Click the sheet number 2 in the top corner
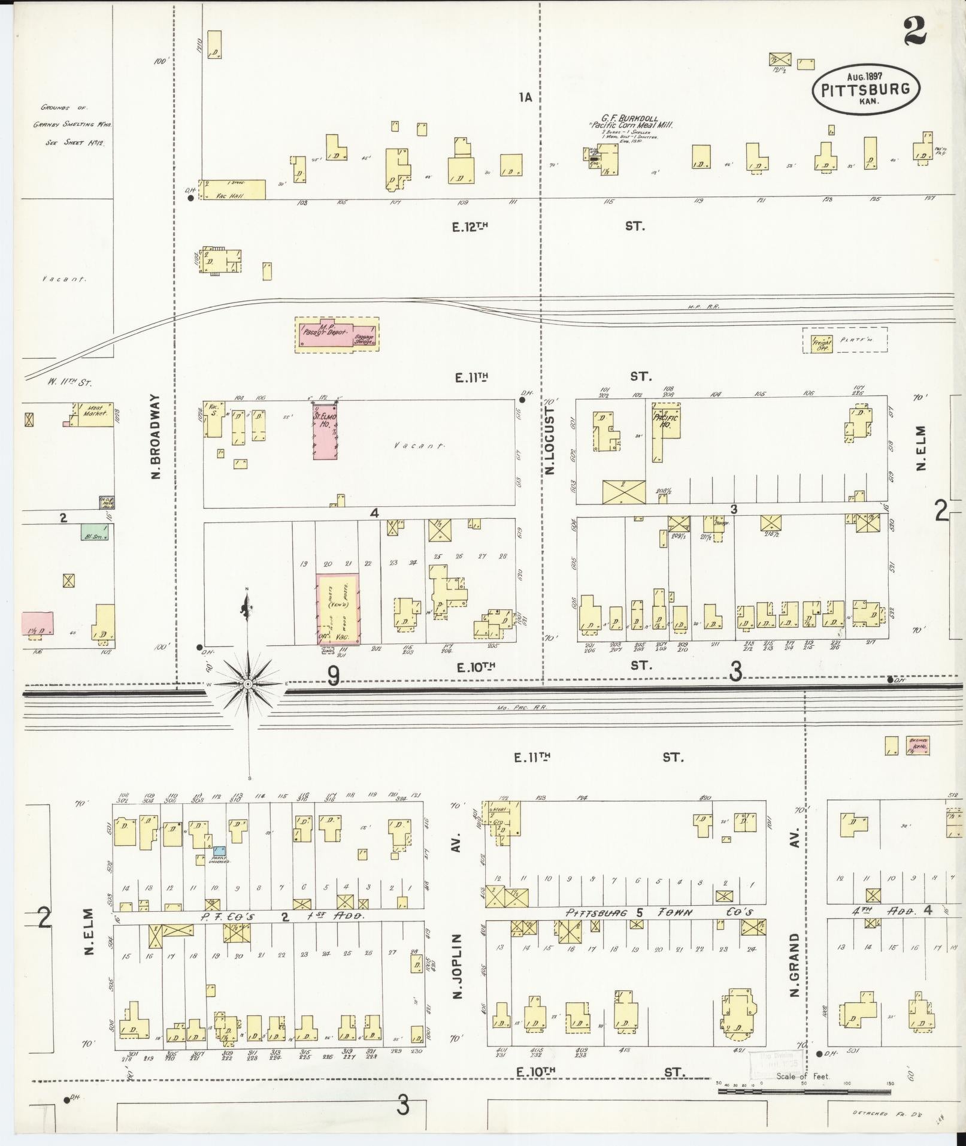pyautogui.click(x=916, y=31)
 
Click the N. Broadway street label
pyautogui.click(x=156, y=436)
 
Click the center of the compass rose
pyautogui.click(x=247, y=684)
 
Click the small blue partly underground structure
pyautogui.click(x=220, y=850)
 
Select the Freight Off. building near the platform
pyautogui.click(x=821, y=344)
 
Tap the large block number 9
pyautogui.click(x=334, y=676)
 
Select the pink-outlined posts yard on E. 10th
pyautogui.click(x=338, y=608)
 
